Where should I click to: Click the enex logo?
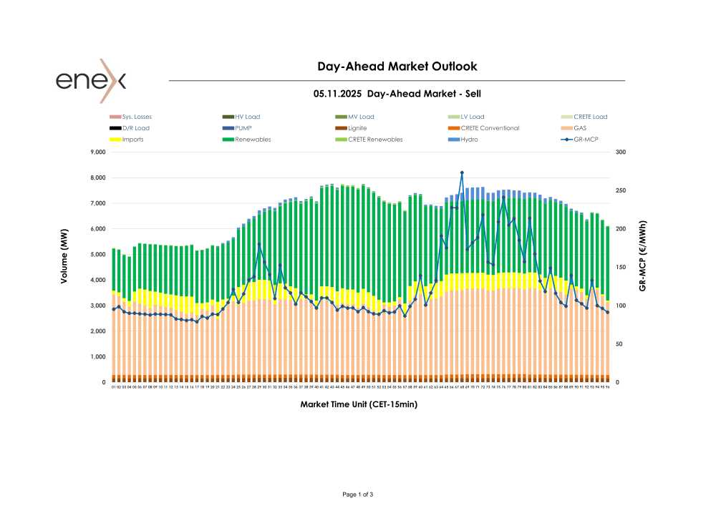[x=91, y=79]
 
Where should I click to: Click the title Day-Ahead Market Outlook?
[x=397, y=67]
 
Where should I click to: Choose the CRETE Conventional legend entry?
[x=490, y=128]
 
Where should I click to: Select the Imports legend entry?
[x=132, y=140]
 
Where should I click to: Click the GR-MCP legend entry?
[x=586, y=140]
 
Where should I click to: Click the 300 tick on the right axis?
[x=620, y=152]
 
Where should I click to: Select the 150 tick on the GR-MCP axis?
[x=620, y=268]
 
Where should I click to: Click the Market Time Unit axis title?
[x=359, y=404]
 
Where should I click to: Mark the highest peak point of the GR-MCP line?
[x=462, y=172]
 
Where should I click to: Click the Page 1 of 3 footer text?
[x=358, y=495]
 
